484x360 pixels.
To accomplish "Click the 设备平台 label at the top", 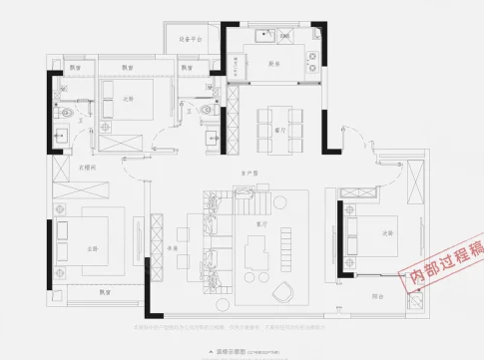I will pos(191,39).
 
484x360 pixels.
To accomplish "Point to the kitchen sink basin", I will pos(263,40).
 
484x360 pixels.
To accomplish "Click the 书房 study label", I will pos(173,247).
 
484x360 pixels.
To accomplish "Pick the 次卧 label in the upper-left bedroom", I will pos(128,98).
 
